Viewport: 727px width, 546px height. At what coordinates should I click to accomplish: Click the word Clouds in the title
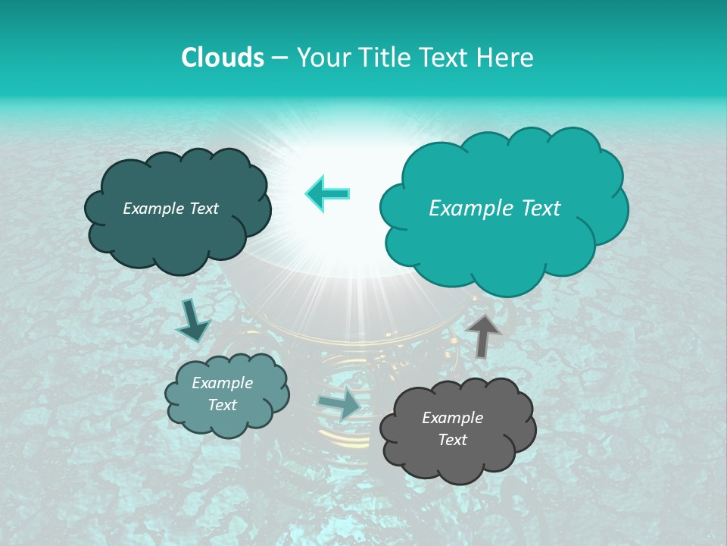(222, 58)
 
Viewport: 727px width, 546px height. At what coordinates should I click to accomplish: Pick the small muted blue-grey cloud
(226, 394)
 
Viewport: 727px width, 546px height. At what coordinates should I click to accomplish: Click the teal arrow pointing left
(328, 193)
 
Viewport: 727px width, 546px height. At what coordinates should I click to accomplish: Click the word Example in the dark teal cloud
(154, 209)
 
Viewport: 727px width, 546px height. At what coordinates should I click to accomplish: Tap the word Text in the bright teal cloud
(538, 209)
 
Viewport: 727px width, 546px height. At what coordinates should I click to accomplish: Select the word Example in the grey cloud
(452, 418)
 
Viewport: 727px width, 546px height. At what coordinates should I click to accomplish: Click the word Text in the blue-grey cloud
(223, 405)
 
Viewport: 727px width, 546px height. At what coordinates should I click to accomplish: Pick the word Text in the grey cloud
(452, 440)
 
